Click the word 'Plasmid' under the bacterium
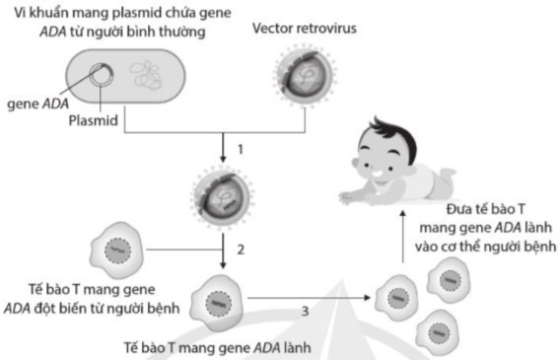pos(95,119)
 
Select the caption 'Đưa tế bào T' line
pos(489,208)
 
